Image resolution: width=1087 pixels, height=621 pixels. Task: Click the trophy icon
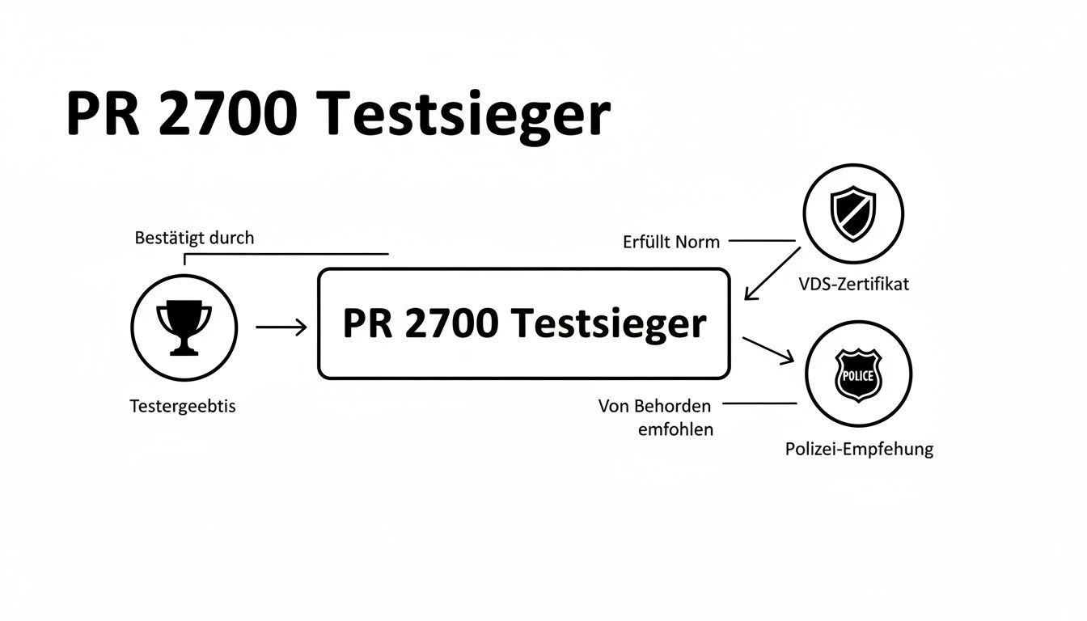(184, 327)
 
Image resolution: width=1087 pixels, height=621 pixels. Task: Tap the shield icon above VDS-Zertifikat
(853, 213)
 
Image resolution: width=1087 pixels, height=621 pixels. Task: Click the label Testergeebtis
(183, 406)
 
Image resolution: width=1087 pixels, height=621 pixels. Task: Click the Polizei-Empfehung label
(859, 449)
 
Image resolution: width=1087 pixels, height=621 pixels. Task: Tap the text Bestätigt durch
(193, 238)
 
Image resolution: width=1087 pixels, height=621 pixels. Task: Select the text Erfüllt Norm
(671, 241)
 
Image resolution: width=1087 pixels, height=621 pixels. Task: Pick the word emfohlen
(675, 429)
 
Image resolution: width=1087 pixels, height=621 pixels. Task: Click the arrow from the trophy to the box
(281, 327)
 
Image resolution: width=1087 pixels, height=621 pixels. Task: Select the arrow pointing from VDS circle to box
(772, 274)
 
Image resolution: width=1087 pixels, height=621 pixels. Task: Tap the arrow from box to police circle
(768, 350)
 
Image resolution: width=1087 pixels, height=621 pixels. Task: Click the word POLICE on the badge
(858, 376)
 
